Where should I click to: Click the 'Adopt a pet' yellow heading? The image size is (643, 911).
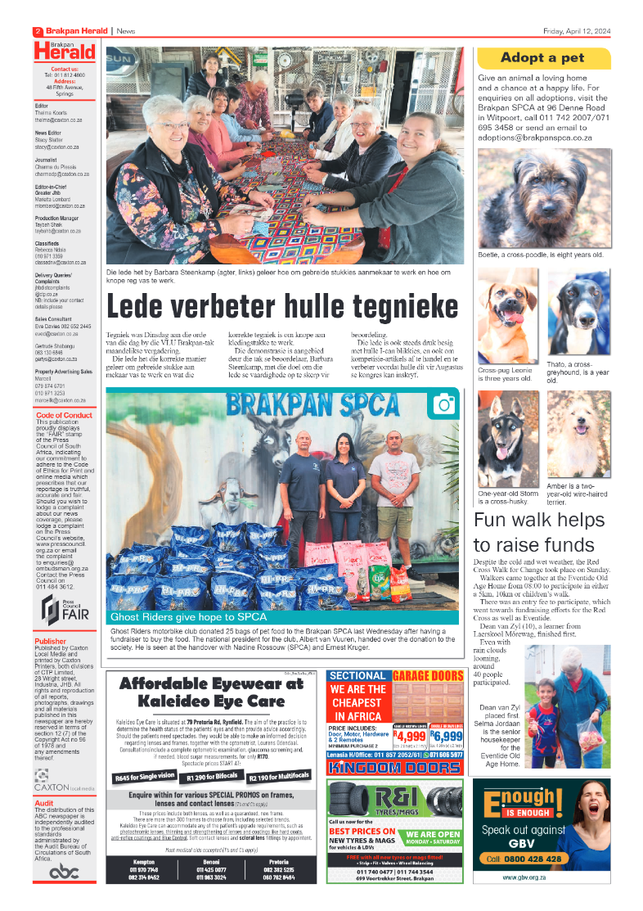pos(543,57)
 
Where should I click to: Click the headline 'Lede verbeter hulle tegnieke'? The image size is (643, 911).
pos(282,308)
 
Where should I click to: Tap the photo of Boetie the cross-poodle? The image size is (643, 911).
pos(543,197)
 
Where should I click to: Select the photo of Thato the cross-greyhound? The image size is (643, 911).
pos(578,312)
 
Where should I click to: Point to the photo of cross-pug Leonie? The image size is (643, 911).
pos(508,316)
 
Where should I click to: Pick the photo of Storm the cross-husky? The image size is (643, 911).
pos(508,439)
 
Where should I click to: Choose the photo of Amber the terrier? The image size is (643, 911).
pos(578,434)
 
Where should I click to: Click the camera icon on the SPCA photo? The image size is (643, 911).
pos(444,404)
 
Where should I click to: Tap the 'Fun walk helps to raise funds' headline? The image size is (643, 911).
pos(540,532)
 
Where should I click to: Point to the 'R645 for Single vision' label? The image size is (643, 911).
pos(145,777)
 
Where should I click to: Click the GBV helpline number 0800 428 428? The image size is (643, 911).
pos(524,859)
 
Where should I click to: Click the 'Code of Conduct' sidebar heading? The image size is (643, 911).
pos(65,415)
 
